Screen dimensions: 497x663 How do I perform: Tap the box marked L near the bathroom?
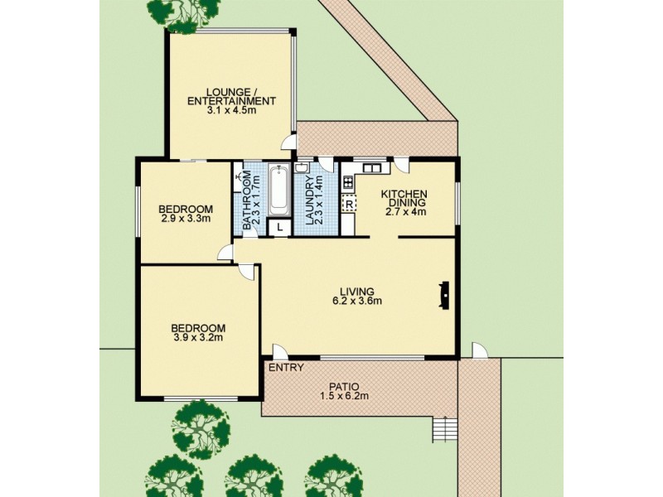280,227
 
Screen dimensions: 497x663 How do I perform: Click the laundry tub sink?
302,168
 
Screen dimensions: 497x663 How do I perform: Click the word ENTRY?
286,368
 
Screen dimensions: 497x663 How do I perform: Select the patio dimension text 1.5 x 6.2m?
346,396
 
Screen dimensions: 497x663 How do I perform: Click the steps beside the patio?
444,429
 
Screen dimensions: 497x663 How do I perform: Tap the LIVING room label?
356,292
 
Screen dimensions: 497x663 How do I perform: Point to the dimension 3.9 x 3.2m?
198,337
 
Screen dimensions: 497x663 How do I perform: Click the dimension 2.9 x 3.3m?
186,219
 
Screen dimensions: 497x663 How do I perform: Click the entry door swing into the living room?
280,351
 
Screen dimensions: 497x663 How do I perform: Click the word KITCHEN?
403,194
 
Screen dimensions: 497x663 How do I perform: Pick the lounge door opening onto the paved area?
289,142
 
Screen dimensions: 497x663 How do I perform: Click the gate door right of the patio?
480,350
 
